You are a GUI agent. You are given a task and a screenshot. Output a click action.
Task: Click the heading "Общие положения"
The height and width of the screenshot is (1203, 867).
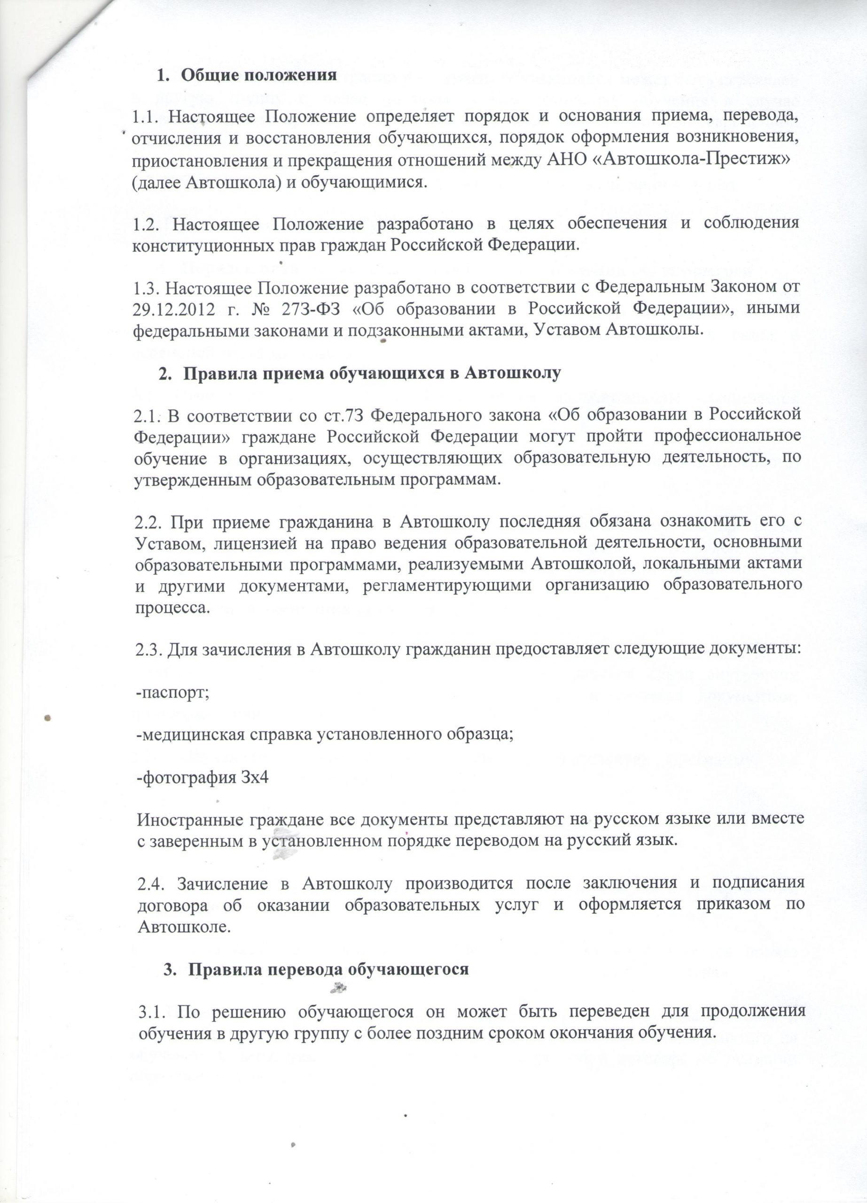259,75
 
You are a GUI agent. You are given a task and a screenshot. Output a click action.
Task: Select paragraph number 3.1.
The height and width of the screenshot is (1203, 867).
152,1011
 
